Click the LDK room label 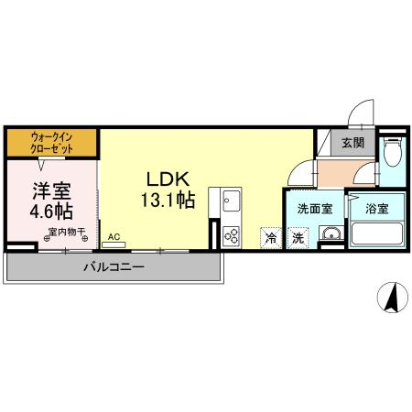[x=168, y=179]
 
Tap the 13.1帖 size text [x=168, y=201]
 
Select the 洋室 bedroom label [x=52, y=190]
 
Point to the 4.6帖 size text [x=51, y=211]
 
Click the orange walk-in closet [x=52, y=143]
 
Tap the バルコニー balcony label [x=114, y=267]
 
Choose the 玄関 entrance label [x=353, y=143]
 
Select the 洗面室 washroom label [x=315, y=209]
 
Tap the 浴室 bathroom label [x=377, y=209]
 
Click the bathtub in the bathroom [x=377, y=233]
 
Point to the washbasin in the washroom [x=331, y=233]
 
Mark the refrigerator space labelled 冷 [x=271, y=238]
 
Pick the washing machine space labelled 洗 [x=298, y=238]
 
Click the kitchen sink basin [x=232, y=201]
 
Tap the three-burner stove [x=231, y=236]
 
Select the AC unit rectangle [x=114, y=244]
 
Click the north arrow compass [x=393, y=298]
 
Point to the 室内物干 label [x=66, y=232]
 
